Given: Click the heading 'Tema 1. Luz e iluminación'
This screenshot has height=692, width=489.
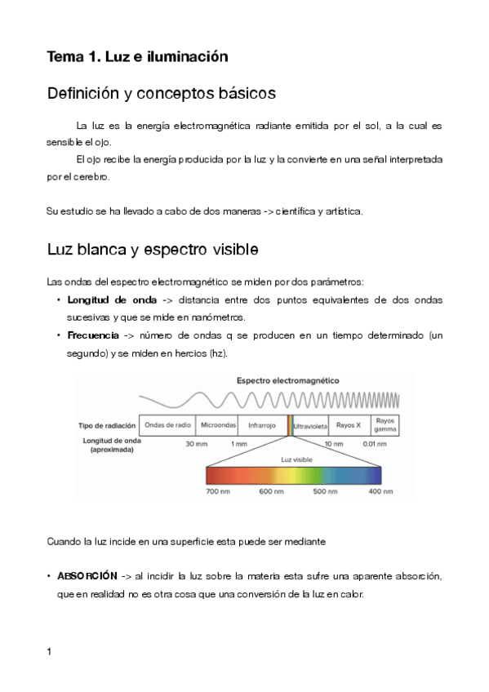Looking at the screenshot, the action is (x=137, y=56).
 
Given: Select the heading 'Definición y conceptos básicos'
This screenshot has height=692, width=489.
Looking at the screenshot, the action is (x=161, y=94).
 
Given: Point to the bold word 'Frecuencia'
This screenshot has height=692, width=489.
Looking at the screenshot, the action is (x=94, y=335).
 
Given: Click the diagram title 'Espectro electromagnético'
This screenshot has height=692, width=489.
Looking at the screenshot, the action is (x=288, y=381).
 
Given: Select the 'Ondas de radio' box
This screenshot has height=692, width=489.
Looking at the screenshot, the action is (x=168, y=425).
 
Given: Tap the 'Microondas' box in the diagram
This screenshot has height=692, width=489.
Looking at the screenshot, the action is (x=218, y=425).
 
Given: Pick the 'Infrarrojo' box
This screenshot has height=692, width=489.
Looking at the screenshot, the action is (x=262, y=425).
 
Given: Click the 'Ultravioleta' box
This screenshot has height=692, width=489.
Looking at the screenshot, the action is (x=310, y=425).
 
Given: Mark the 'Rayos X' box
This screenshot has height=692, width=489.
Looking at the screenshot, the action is (x=349, y=425).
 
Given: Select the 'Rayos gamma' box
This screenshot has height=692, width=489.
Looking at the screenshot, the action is (x=385, y=424).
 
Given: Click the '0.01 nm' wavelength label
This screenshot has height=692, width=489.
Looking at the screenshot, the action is (x=375, y=444).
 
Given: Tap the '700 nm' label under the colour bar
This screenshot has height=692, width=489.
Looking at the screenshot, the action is (x=217, y=492).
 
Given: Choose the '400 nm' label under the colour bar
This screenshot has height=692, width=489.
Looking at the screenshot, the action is (x=381, y=492).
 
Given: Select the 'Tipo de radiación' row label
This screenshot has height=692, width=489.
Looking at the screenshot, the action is (x=105, y=425).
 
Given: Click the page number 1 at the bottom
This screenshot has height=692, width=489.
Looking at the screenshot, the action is (x=50, y=651).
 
